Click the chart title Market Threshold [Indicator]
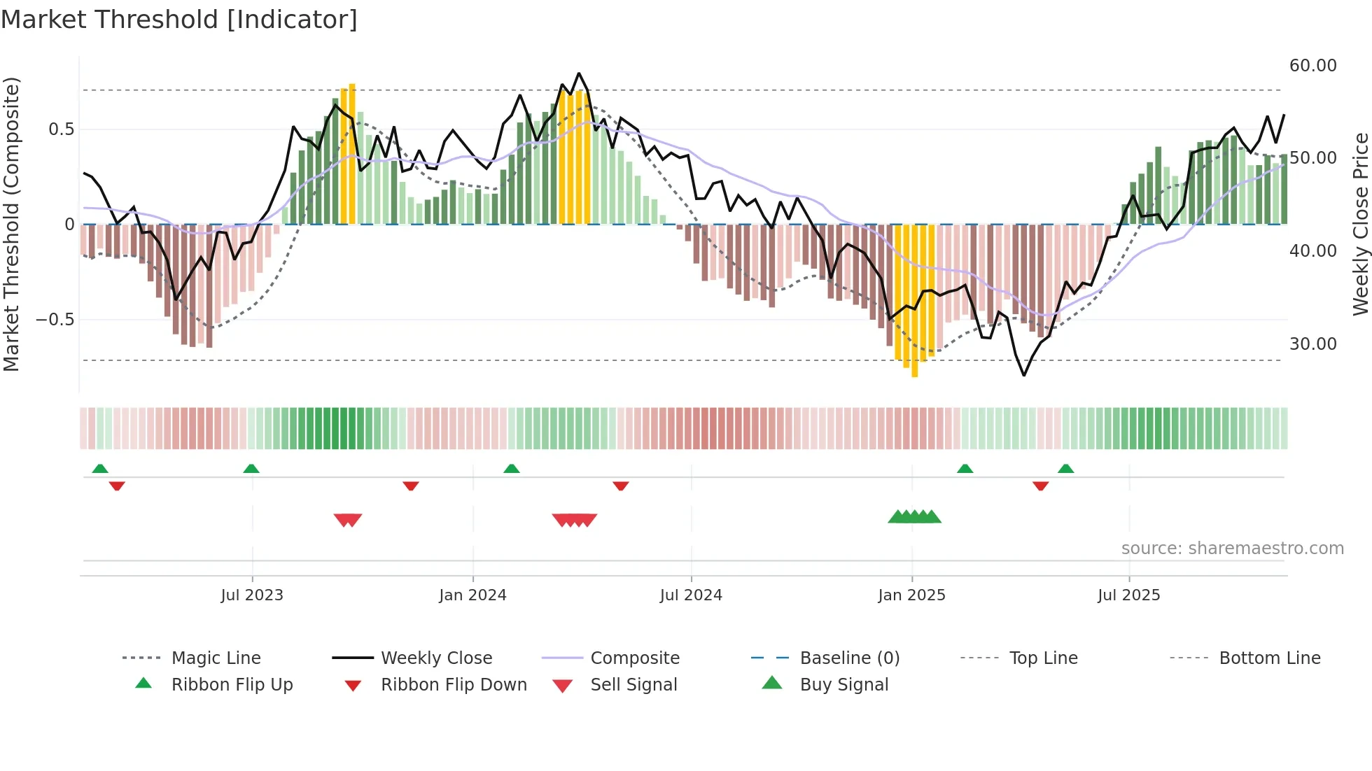pos(179,20)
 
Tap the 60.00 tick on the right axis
pos(1312,66)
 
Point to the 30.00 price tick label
pos(1312,344)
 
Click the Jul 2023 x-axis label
pos(252,595)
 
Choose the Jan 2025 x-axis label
pos(911,595)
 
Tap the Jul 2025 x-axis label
pos(1128,595)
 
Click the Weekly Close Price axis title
pos(1360,224)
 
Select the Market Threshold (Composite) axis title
pos(11,224)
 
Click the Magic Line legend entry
pos(216,658)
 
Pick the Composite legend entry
pos(634,658)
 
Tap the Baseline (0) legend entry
pos(849,658)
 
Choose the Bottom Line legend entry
pos(1269,658)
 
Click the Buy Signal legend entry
pos(843,685)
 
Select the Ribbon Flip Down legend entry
pos(453,685)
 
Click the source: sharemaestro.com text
pos(1232,549)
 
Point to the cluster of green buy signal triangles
pos(914,517)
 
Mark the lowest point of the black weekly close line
pos(1023,376)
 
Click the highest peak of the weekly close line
pos(578,73)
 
